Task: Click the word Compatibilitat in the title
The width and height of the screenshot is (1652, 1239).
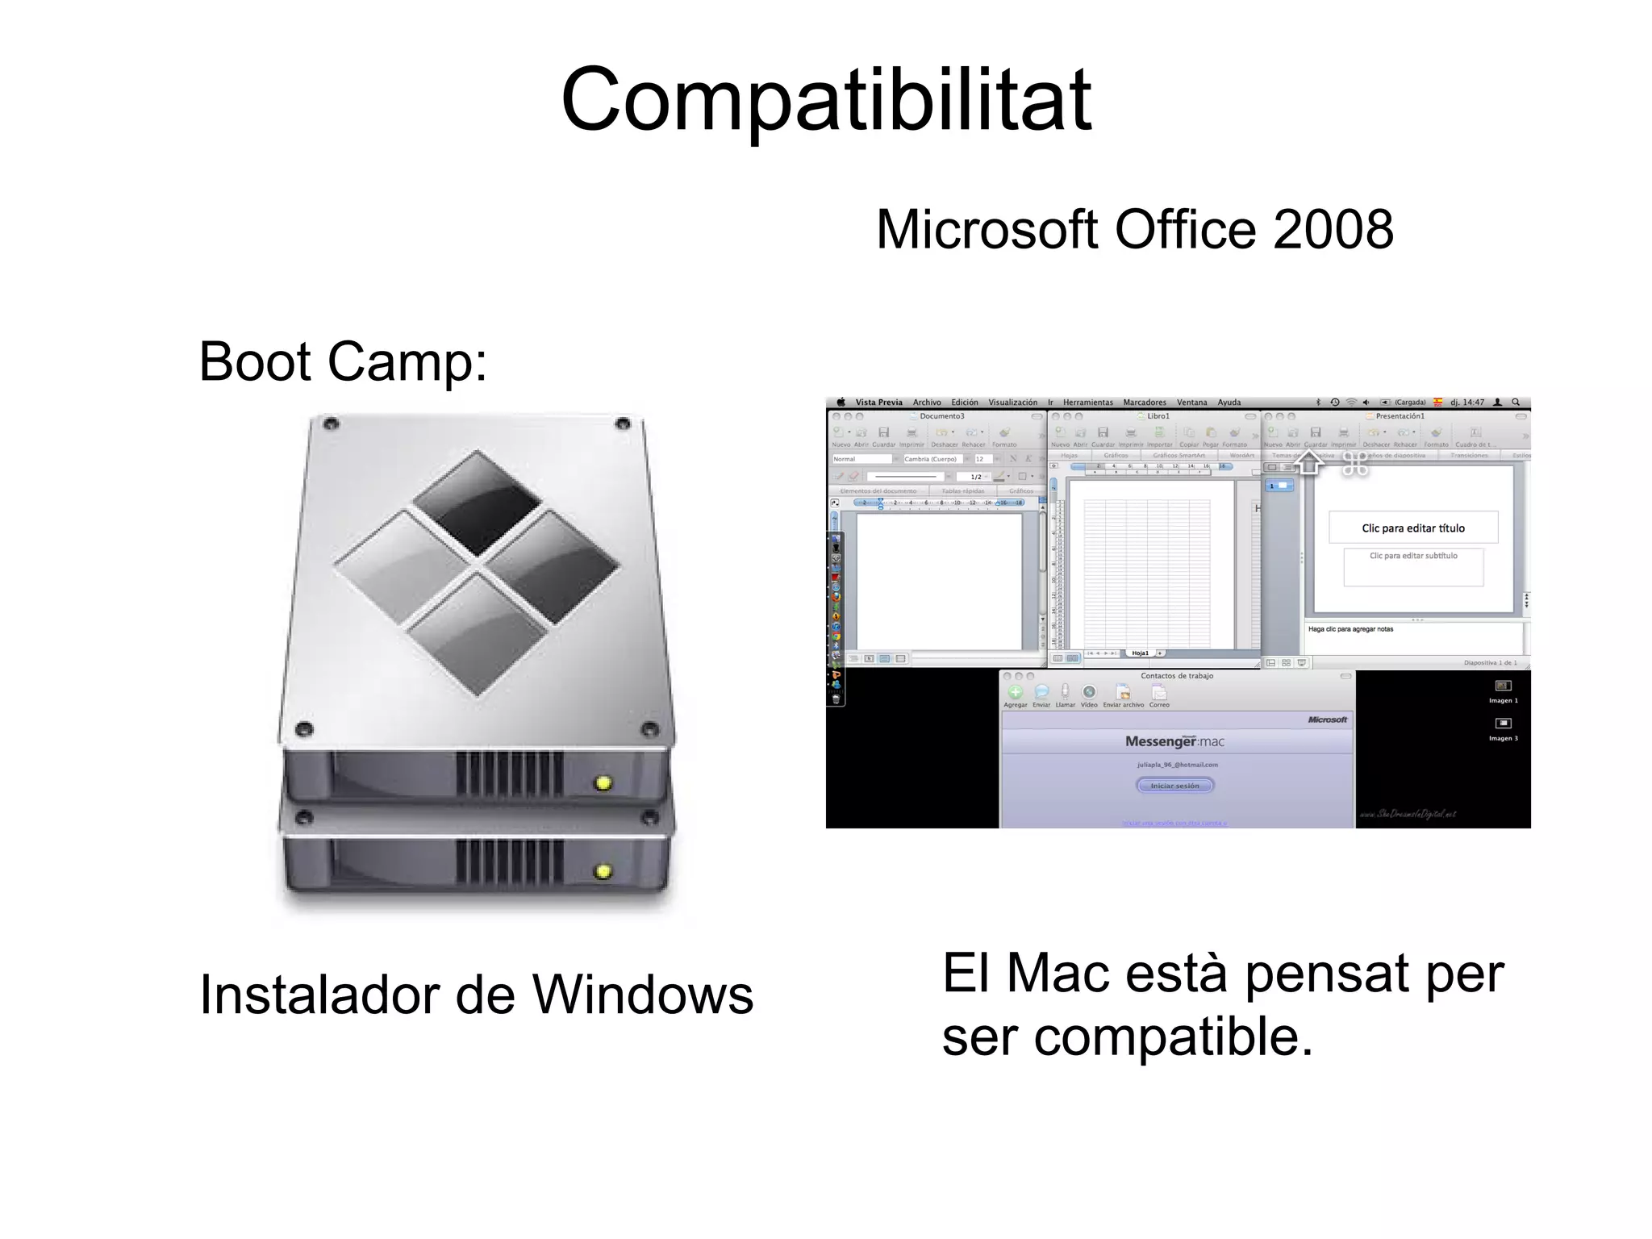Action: pyautogui.click(x=826, y=100)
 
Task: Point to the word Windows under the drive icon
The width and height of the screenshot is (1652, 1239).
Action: pyautogui.click(x=643, y=995)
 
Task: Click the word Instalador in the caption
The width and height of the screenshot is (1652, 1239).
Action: pyautogui.click(x=320, y=995)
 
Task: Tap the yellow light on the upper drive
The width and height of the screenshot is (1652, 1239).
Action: pyautogui.click(x=603, y=782)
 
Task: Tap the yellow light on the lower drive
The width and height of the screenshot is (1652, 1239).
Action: pyautogui.click(x=603, y=871)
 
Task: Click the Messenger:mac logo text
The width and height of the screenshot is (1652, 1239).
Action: pyautogui.click(x=1174, y=741)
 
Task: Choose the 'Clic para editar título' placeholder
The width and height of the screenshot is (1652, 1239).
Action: pyautogui.click(x=1413, y=528)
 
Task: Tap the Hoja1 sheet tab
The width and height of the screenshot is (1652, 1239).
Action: pyautogui.click(x=1140, y=653)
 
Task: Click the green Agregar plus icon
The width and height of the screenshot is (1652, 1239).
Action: pyautogui.click(x=1016, y=692)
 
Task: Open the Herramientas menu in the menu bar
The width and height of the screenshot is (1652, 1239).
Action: pyautogui.click(x=1087, y=403)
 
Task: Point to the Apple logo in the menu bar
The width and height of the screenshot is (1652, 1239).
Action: pyautogui.click(x=841, y=403)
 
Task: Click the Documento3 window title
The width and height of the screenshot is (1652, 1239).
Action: pyautogui.click(x=941, y=416)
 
